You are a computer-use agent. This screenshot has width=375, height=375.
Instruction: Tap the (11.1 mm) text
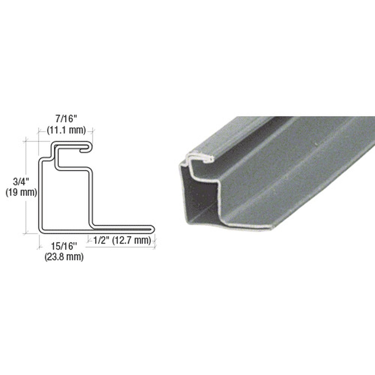coord(66,130)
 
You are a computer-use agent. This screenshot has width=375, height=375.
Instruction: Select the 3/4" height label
coord(21,182)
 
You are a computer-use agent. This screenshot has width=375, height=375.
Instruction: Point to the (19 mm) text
coord(21,193)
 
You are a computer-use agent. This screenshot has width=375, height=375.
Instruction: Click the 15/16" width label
coord(64,246)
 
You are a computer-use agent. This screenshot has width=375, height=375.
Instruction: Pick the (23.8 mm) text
coord(64,257)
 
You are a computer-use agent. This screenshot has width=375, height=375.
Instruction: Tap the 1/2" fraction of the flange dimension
coord(101,241)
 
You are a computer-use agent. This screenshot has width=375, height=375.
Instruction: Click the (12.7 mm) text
coord(132,241)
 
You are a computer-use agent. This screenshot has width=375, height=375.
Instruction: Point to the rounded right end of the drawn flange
coord(153,229)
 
